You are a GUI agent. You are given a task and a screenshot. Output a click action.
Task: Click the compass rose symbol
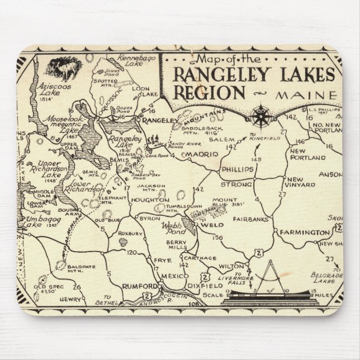pyautogui.click(x=260, y=116)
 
